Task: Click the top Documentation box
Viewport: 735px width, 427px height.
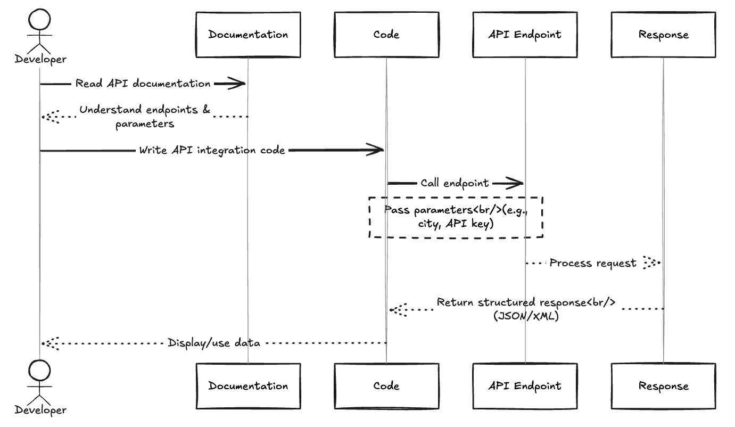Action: pos(248,35)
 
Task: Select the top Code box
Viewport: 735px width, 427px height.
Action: pos(386,35)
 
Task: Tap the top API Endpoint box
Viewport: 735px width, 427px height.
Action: pos(525,35)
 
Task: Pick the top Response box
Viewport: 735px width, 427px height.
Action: pos(663,35)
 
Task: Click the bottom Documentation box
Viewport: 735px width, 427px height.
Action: pos(248,385)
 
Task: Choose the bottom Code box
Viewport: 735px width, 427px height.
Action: pos(386,385)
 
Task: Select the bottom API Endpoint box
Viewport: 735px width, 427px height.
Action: pos(525,385)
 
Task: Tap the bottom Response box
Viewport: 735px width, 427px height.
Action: pos(663,385)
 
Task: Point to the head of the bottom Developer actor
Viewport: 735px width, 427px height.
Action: pos(40,371)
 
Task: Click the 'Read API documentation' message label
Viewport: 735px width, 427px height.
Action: pos(143,84)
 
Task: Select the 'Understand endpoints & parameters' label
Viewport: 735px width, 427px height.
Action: pos(145,116)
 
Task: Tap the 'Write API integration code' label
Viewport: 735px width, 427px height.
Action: pos(212,150)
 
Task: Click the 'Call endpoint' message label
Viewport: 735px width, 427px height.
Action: pos(455,183)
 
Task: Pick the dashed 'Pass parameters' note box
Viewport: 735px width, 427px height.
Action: pos(456,217)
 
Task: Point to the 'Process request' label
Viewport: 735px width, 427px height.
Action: pos(592,263)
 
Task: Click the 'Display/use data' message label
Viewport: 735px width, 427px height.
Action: pos(214,343)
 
